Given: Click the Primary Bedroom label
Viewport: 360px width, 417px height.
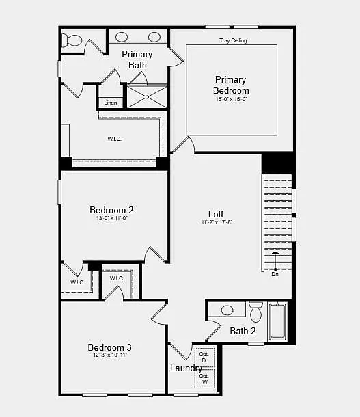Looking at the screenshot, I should [x=231, y=85].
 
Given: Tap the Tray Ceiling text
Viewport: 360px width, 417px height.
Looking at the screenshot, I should [x=233, y=41].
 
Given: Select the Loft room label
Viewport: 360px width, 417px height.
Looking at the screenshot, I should [x=216, y=214].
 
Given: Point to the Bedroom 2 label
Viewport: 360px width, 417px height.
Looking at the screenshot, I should [x=111, y=210].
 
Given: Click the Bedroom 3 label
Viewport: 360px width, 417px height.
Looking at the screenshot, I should [x=109, y=347].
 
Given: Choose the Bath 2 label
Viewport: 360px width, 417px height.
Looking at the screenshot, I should [x=243, y=332].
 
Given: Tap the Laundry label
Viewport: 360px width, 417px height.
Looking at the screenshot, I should [x=186, y=368].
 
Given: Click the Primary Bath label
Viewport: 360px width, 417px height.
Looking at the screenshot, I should [x=137, y=59].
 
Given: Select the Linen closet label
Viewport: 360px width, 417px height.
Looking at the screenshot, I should [x=111, y=103].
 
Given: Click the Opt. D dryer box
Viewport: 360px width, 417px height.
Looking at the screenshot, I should [x=204, y=358].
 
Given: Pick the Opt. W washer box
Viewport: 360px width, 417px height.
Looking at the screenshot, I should [x=204, y=379].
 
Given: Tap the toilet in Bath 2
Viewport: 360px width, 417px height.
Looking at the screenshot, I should [x=256, y=312].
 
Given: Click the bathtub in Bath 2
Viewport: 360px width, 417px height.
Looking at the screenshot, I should [x=278, y=321].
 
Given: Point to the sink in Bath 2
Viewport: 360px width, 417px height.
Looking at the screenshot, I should [x=227, y=310].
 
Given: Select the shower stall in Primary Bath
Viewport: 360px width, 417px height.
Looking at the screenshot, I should [x=147, y=96].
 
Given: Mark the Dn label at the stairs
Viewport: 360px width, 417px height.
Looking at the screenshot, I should [x=275, y=274].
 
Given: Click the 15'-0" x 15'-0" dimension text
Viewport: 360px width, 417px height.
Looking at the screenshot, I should [x=231, y=100].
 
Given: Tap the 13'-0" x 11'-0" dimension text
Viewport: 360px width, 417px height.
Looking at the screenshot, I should [x=111, y=219].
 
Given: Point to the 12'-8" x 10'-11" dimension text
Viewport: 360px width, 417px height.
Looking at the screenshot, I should [x=109, y=355].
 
